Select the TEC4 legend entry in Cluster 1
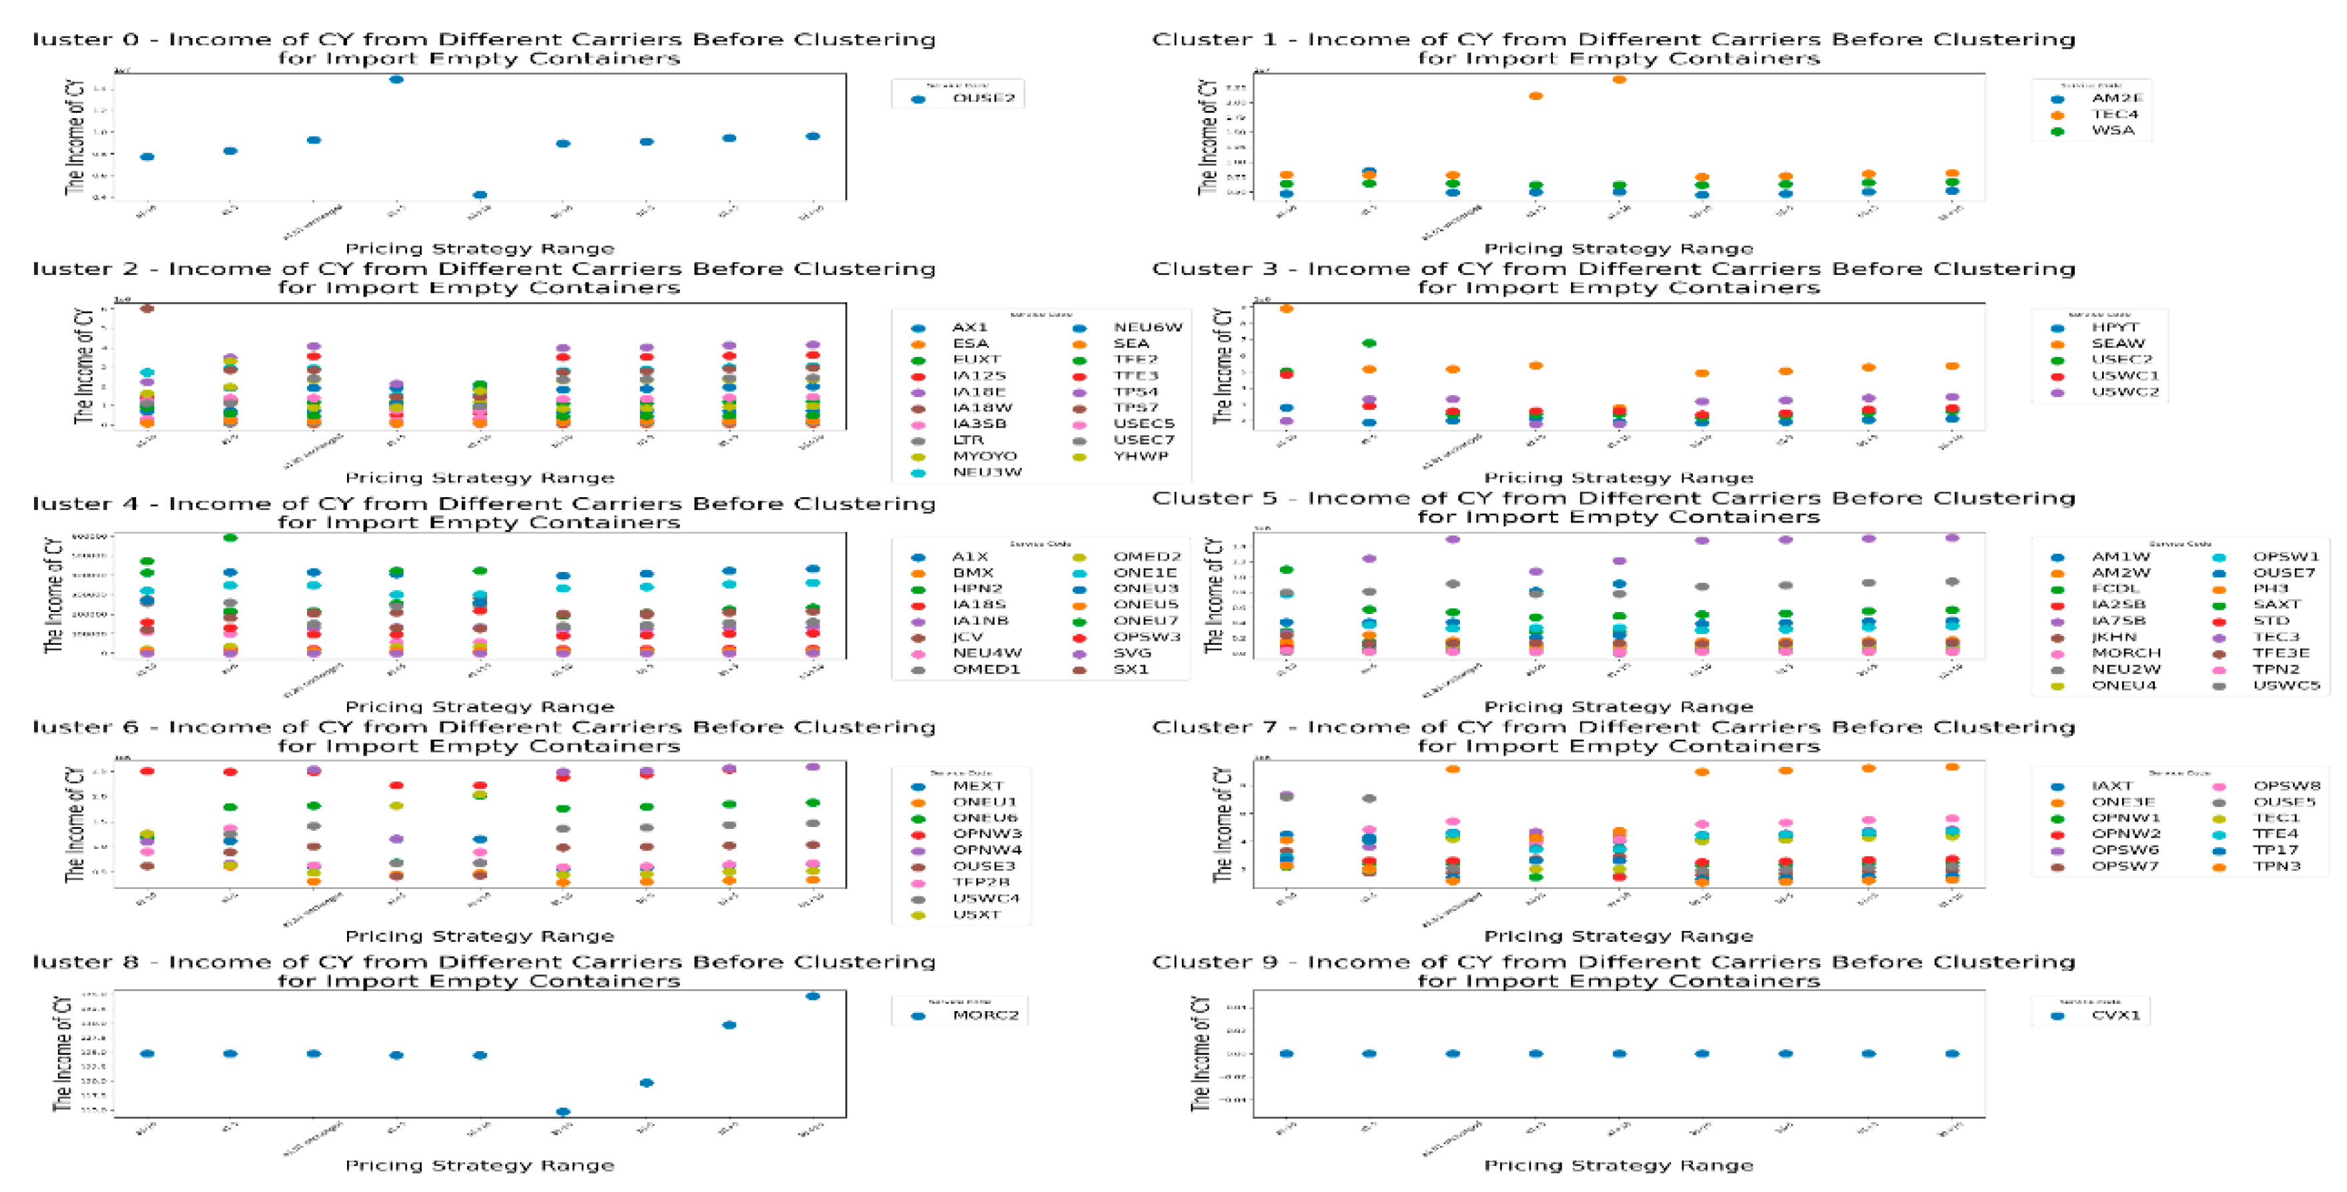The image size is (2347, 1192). pos(2113,115)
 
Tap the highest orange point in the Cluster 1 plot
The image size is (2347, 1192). pos(1618,80)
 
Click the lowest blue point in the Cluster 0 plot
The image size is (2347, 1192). pos(480,195)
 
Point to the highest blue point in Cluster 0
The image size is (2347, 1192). pos(396,80)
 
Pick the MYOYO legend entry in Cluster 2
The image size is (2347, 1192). pos(984,457)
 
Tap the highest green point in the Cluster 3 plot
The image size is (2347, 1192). pos(1369,344)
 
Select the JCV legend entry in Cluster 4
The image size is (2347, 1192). pos(968,637)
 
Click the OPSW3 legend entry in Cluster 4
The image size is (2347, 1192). pos(1146,637)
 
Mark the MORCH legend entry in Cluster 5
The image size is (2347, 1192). pos(2125,653)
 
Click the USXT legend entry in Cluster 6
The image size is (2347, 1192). pos(976,915)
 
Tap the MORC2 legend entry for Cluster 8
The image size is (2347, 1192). pos(985,1015)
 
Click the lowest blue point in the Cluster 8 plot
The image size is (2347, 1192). pos(563,1112)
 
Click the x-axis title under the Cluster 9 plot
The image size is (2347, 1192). pos(1618,1165)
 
